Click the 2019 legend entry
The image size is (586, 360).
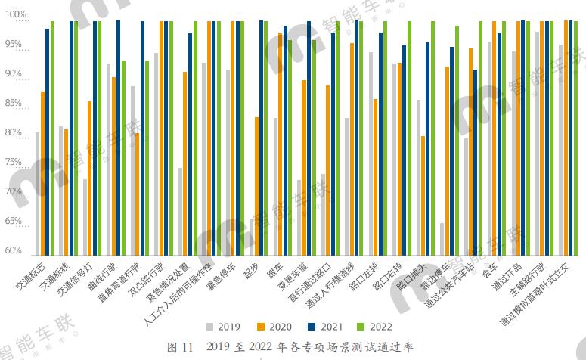[223, 327]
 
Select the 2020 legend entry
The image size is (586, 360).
[273, 327]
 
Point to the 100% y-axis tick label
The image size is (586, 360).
[17, 15]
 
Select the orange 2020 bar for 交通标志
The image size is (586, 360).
[42, 174]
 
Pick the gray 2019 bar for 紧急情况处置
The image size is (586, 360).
[180, 212]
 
